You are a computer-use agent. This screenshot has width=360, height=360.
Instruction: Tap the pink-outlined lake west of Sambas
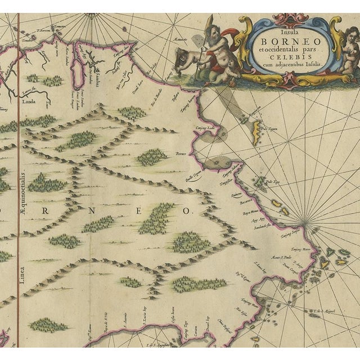(79, 74)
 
